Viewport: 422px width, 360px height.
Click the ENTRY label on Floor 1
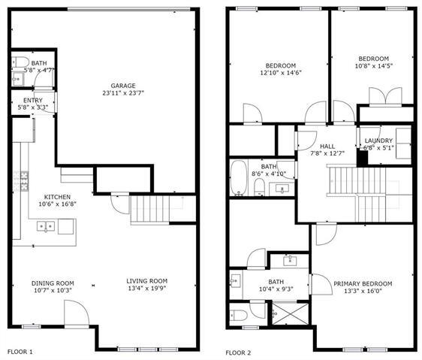33,100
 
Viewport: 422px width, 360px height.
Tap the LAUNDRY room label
378,141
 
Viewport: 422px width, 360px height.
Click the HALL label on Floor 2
327,146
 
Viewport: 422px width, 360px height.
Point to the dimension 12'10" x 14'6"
280,73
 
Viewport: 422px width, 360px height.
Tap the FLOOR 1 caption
20,351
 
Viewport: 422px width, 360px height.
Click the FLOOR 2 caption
239,351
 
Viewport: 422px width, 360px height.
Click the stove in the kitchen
23,181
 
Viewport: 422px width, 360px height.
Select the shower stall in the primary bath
283,312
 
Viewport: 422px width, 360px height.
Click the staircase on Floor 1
147,209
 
